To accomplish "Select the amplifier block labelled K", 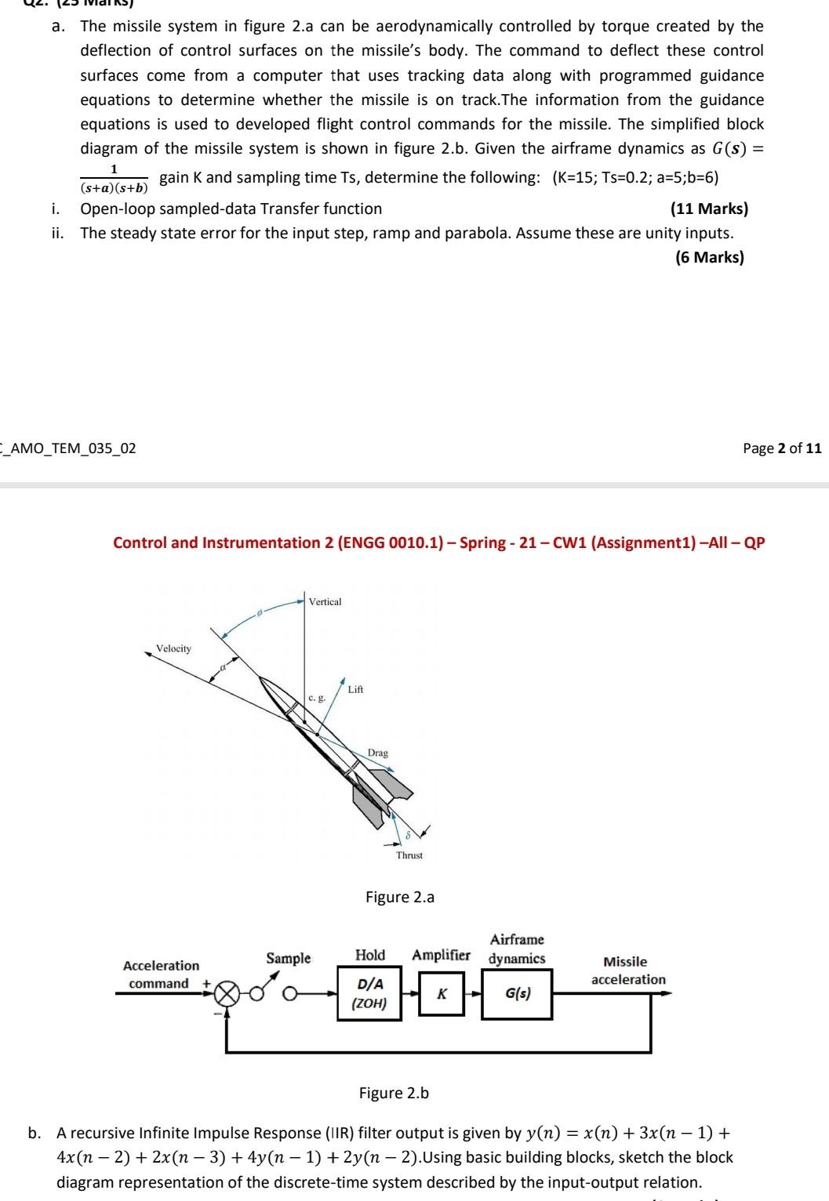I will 442,994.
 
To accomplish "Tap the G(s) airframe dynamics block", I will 517,994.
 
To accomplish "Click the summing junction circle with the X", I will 227,994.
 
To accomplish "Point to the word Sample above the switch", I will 289,958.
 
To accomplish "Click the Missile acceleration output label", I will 627,971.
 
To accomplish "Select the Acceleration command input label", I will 161,974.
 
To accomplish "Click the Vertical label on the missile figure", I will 325,602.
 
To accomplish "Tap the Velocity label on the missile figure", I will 173,648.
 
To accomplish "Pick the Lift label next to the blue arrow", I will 355,689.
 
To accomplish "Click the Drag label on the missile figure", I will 378,753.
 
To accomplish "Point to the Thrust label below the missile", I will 409,855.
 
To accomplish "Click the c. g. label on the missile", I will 317,697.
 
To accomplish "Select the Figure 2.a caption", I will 400,897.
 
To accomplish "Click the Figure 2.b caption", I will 394,1093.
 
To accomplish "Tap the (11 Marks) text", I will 709,209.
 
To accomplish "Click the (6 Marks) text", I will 709,257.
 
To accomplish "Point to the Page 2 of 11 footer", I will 782,448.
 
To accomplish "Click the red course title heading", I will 438,542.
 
